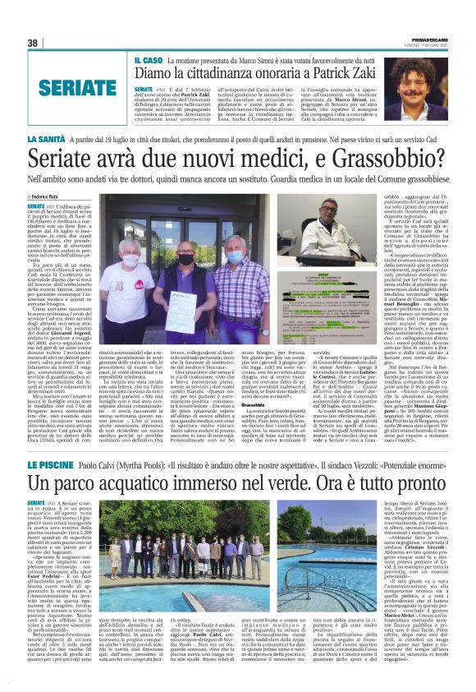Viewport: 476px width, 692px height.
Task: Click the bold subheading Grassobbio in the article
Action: click(x=276, y=406)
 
